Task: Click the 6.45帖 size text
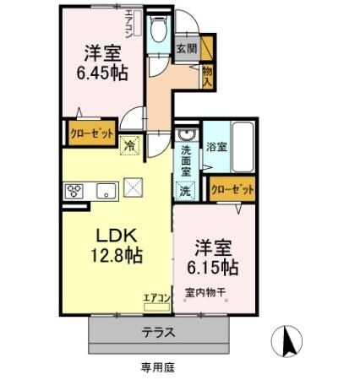[100, 73]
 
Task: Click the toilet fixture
[156, 34]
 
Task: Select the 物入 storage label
[207, 77]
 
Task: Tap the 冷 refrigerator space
[129, 144]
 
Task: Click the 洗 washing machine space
[185, 191]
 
